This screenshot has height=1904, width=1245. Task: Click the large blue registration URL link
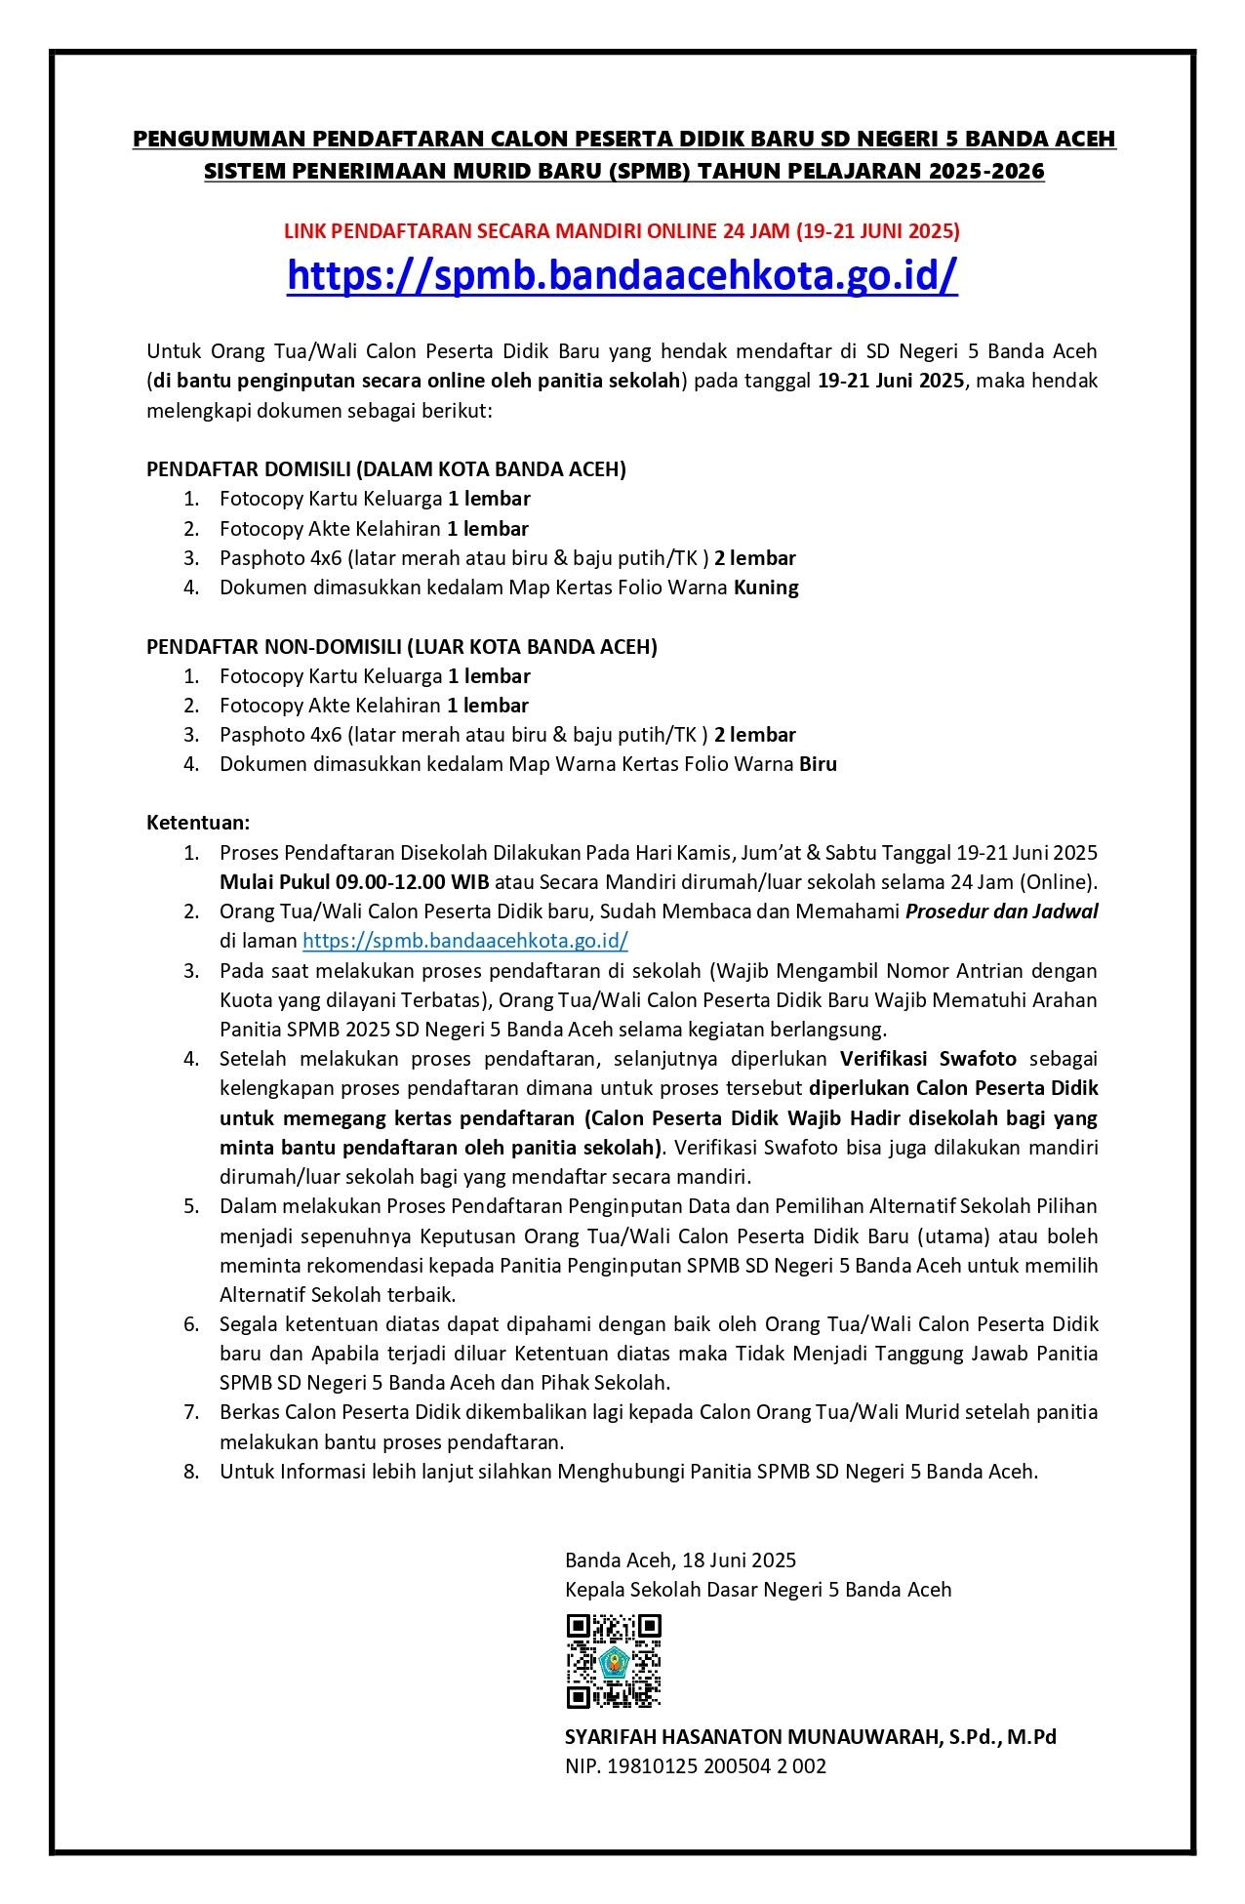[622, 276]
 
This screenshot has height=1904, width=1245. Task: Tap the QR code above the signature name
[614, 1660]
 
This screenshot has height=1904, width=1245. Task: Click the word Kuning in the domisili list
[766, 587]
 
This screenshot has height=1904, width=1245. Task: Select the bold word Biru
[818, 764]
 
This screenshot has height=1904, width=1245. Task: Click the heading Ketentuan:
[198, 823]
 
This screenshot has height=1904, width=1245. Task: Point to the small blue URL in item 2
[464, 941]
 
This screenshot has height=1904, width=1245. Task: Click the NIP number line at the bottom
[695, 1765]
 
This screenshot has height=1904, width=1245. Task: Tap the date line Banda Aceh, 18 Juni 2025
[680, 1560]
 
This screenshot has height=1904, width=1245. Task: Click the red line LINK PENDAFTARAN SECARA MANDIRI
[622, 231]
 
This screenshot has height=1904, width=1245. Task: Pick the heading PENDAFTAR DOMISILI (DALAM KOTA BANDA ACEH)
[386, 468]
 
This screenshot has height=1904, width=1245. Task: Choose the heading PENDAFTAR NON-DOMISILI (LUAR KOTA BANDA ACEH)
[402, 646]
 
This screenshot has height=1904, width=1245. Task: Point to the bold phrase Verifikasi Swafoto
[928, 1059]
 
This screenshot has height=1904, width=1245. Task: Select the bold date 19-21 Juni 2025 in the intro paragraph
[891, 381]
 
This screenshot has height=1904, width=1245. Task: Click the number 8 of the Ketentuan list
[191, 1471]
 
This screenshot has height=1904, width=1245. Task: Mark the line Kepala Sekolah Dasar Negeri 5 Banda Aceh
[757, 1589]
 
